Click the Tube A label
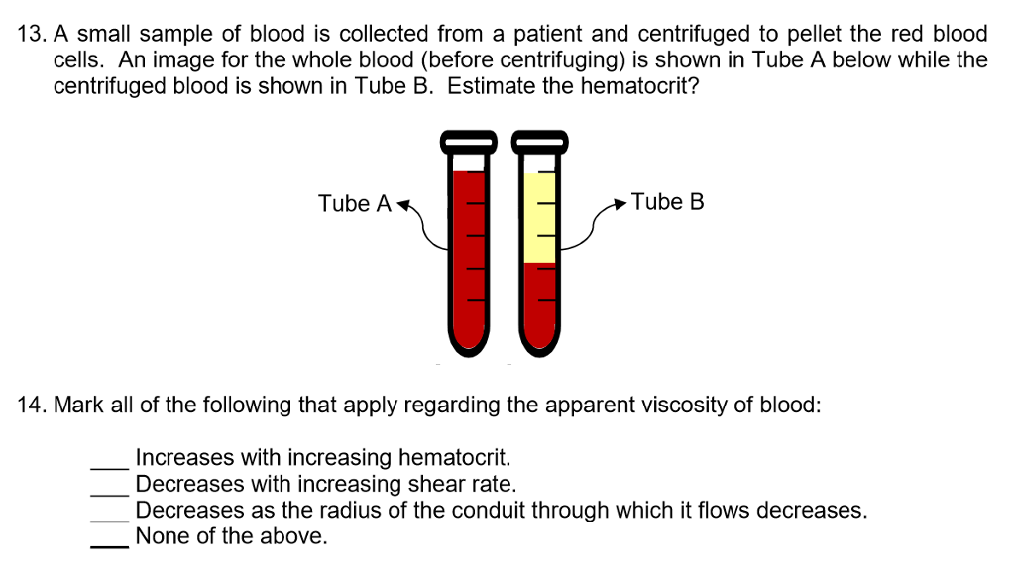(354, 204)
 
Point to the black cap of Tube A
(469, 142)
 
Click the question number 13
(32, 34)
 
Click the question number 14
(32, 406)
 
